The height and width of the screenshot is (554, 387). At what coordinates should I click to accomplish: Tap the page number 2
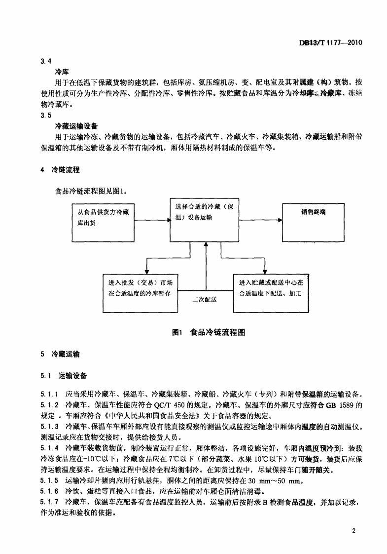pyautogui.click(x=354, y=530)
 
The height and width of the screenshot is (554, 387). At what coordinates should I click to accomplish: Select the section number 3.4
pyautogui.click(x=46, y=61)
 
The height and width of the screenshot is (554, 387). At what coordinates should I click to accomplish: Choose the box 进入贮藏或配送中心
pyautogui.click(x=271, y=293)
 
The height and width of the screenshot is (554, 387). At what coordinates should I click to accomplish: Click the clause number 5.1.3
pyautogui.click(x=50, y=426)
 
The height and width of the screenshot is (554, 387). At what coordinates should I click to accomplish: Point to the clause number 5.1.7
pyautogui.click(x=50, y=503)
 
